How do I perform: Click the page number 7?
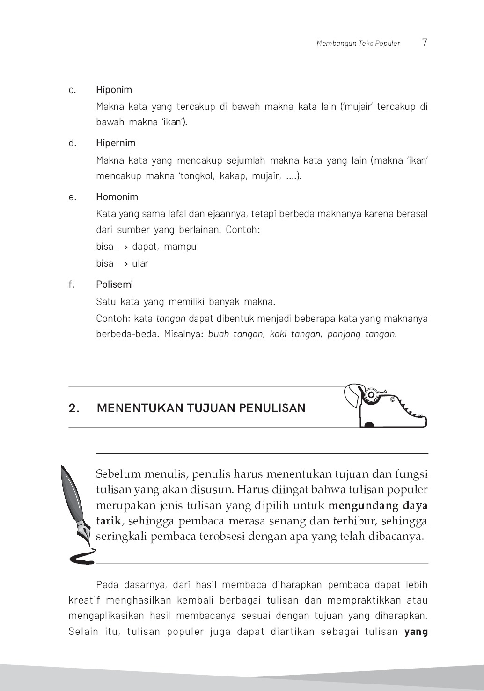point(424,43)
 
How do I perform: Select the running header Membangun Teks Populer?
point(358,44)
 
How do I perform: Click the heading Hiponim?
point(114,90)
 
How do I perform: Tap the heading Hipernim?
point(116,143)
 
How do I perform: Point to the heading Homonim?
point(117,197)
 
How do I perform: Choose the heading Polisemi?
point(114,284)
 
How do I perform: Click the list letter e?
point(72,197)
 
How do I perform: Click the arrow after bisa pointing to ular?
point(123,264)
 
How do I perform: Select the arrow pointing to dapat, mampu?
point(123,247)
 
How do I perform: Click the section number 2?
point(73,408)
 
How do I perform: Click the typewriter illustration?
point(385,405)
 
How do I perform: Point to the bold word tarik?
point(108,521)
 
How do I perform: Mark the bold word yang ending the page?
point(416,632)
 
